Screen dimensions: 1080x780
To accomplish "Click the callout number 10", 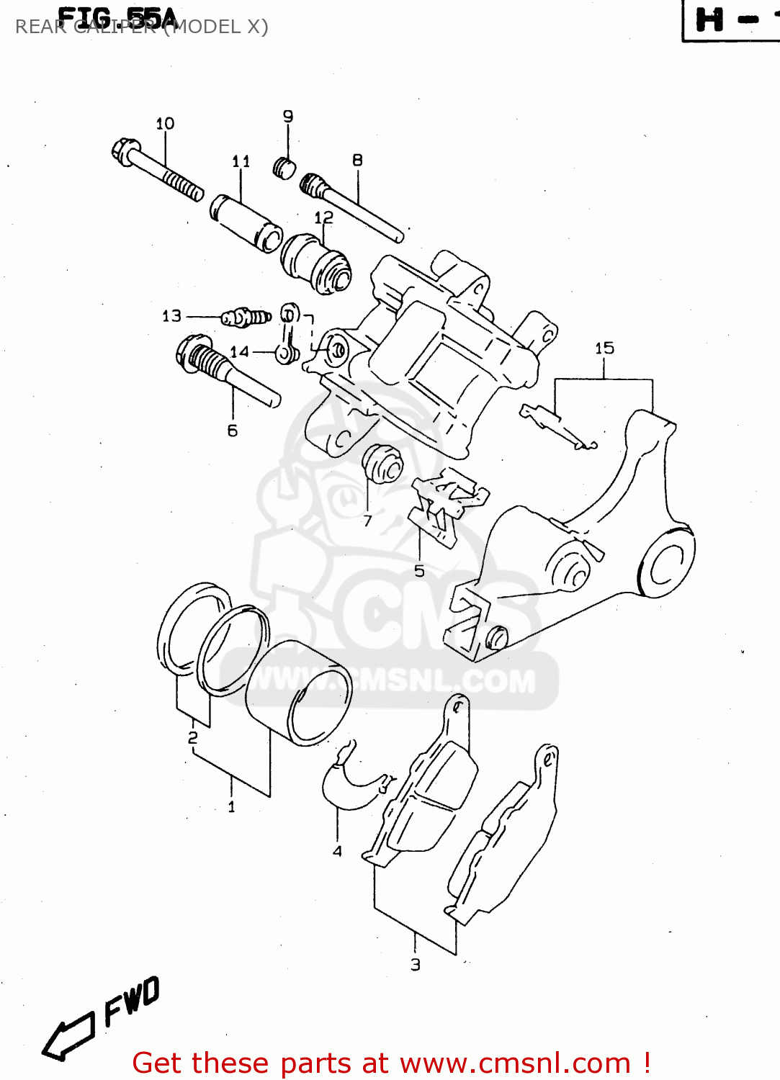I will (x=165, y=124).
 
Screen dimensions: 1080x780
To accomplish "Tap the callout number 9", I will (x=288, y=116).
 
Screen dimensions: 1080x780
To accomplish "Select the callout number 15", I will (x=604, y=348).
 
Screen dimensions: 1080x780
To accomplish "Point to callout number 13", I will (x=171, y=316).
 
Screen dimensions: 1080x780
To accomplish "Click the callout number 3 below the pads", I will (x=416, y=965).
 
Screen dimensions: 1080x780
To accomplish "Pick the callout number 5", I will (x=419, y=572).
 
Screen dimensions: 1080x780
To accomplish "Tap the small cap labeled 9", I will (x=285, y=168).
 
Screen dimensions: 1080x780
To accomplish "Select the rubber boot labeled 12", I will (x=315, y=264).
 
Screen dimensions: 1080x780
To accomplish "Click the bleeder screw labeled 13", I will (x=245, y=317).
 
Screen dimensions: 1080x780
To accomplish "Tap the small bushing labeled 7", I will (x=382, y=465).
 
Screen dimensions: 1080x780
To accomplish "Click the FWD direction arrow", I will (x=68, y=1038).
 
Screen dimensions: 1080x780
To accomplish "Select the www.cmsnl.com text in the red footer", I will (x=515, y=1063).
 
